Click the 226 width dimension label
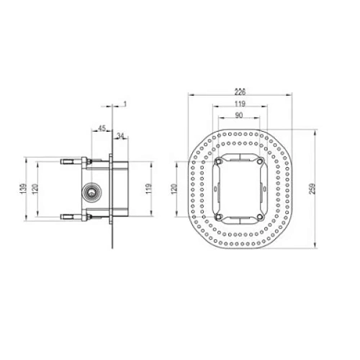(240, 91)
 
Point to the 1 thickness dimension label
(125, 104)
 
